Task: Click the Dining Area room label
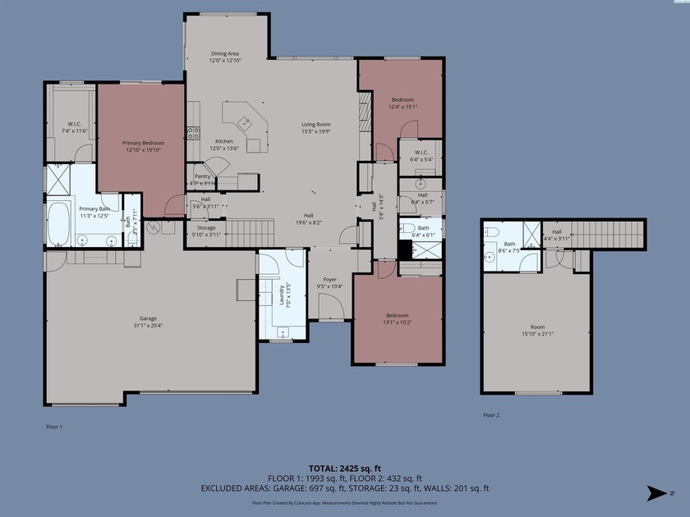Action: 224,53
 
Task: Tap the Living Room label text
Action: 315,124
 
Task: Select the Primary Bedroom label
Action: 144,143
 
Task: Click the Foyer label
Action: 329,280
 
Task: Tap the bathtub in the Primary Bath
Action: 58,224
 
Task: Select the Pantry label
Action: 201,176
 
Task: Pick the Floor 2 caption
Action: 491,415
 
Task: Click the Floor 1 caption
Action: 53,427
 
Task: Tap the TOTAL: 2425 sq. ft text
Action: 344,469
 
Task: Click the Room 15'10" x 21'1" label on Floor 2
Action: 537,331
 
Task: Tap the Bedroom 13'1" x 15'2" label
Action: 398,318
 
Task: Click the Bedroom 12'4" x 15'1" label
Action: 402,103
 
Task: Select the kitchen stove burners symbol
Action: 195,131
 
